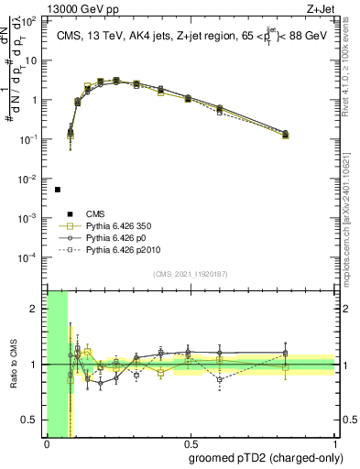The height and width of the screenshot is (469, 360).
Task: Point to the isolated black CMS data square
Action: point(58,190)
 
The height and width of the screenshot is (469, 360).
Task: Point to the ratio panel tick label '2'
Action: point(34,309)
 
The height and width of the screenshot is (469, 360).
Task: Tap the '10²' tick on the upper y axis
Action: point(31,21)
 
